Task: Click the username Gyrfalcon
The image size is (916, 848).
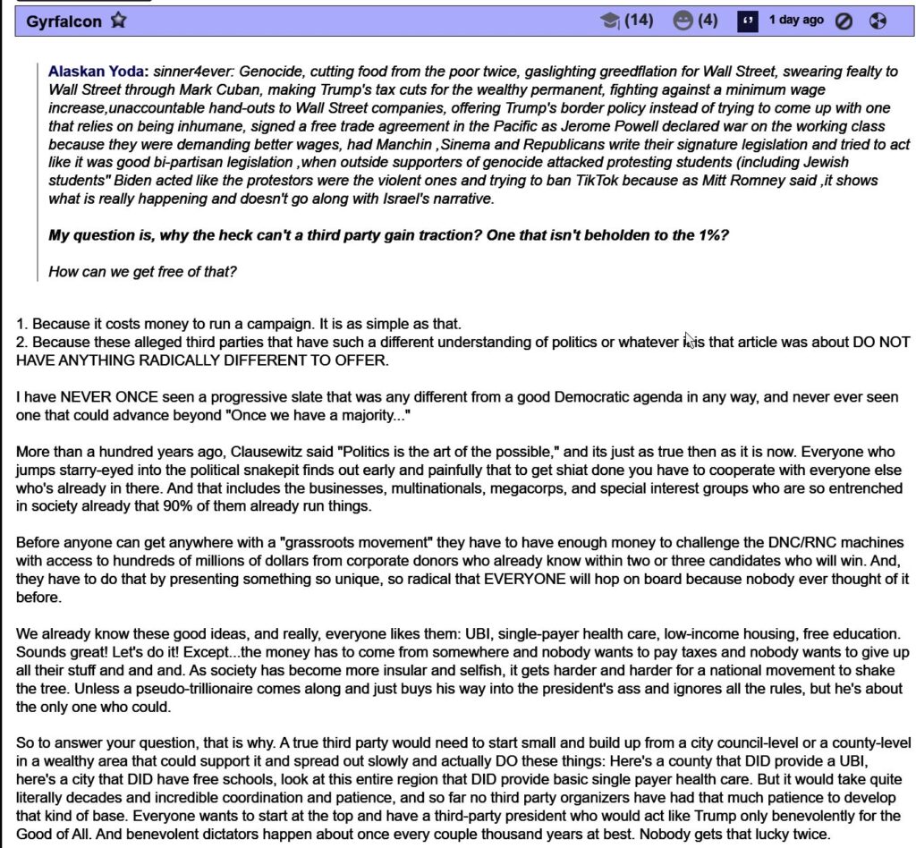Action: (64, 21)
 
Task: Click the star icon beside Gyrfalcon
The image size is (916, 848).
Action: (118, 21)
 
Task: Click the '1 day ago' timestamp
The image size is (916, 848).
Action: (796, 20)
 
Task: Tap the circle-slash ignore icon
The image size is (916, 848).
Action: (844, 21)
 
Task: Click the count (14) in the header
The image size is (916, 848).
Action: (639, 21)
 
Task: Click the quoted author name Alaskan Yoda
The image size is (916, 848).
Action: (98, 71)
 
